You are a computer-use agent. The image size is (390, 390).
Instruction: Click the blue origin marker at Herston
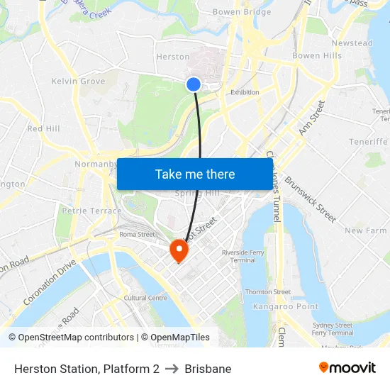tap(194, 84)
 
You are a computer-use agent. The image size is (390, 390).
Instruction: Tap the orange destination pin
tap(177, 250)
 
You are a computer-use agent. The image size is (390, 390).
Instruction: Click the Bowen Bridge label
tap(242, 12)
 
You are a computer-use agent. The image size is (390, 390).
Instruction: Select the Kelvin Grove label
tap(78, 82)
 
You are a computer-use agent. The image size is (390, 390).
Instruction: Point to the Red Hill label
tap(43, 128)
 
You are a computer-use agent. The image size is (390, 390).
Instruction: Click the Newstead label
tap(352, 43)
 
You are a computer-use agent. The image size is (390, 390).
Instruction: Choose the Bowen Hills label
tap(316, 56)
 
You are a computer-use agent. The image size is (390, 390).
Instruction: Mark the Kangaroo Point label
tap(286, 306)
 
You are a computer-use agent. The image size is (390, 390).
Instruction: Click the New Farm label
tap(365, 231)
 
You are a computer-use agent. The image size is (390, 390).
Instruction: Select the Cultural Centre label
tap(145, 298)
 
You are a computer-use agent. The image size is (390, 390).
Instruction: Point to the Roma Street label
tap(137, 235)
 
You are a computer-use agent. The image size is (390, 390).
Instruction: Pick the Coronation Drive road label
tap(49, 282)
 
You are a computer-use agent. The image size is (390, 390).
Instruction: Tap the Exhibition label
tap(245, 92)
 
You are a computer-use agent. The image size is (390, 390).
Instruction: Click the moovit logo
tap(347, 367)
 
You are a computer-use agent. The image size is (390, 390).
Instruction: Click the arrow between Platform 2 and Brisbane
tap(172, 369)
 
